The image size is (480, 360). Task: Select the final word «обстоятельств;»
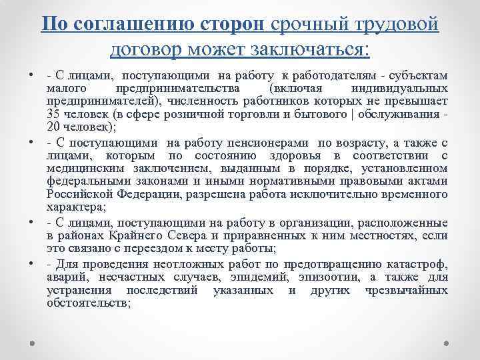89,301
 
